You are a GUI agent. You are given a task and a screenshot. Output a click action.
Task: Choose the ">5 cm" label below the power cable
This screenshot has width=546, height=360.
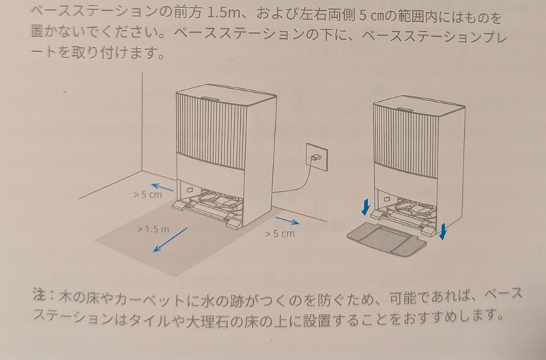[280, 234]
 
